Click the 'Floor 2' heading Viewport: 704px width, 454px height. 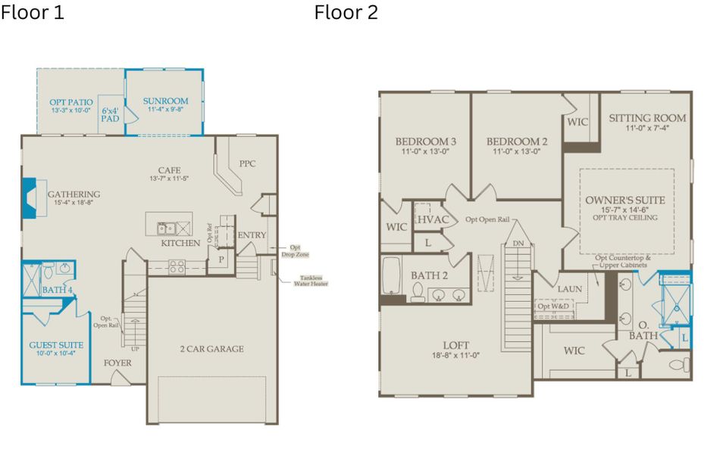346,13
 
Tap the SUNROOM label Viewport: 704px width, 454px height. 164,101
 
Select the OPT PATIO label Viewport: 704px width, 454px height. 71,102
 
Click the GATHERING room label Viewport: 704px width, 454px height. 74,194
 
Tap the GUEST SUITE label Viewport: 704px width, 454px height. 56,345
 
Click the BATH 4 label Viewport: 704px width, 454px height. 57,290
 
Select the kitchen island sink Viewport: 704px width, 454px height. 166,228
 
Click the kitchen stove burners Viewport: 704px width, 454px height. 177,266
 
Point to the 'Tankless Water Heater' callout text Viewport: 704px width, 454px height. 305,281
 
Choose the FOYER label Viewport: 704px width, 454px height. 117,363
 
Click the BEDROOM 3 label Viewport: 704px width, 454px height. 425,141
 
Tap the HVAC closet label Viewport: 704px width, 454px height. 433,219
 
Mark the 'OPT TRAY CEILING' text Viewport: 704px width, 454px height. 625,218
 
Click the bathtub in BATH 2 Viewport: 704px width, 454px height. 392,278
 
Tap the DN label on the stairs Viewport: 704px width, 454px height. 518,243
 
